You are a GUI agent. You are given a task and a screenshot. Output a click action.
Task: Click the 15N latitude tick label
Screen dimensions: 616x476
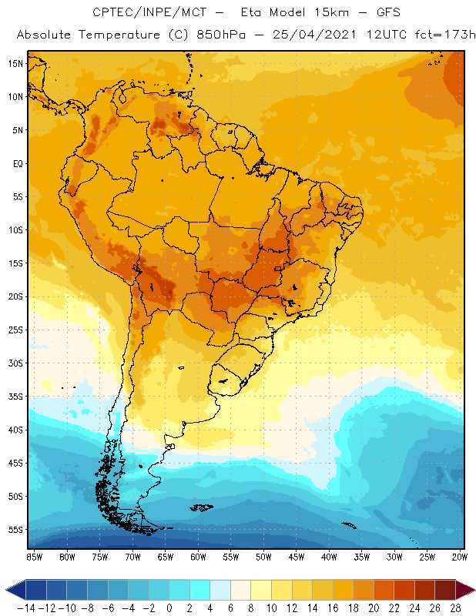(15, 63)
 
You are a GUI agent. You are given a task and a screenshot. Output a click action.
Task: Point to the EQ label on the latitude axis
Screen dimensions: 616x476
(17, 163)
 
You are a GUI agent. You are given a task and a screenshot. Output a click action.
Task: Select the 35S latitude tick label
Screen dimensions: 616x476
(15, 397)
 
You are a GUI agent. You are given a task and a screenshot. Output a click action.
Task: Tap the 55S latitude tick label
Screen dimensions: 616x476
(15, 530)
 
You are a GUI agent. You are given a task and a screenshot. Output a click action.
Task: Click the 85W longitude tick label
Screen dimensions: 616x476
(35, 556)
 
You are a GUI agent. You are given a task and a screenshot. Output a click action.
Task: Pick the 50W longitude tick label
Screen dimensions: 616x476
(263, 556)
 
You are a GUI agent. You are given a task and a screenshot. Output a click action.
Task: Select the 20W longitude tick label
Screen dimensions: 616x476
(459, 556)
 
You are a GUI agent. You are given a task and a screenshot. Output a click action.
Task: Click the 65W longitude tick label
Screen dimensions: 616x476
(166, 556)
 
